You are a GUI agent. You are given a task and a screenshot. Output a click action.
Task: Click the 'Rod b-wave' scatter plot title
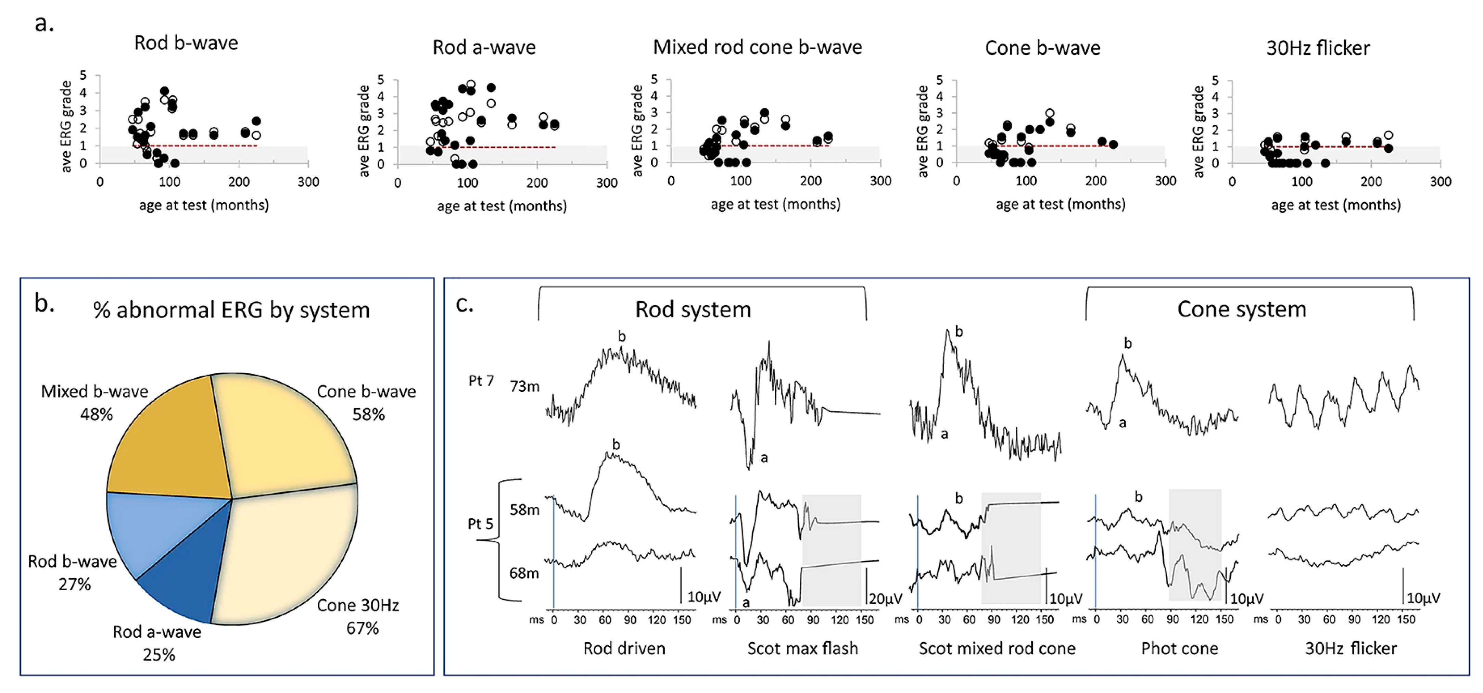pos(186,43)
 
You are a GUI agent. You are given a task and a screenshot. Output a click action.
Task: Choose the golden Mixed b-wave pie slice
pos(173,443)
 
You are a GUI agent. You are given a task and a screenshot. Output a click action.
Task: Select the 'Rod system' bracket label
pos(693,310)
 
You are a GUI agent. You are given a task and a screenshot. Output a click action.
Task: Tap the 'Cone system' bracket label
pos(1242,310)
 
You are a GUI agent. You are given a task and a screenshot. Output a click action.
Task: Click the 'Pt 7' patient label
pos(481,381)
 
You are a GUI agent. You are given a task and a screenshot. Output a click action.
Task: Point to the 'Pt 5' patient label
pos(480,524)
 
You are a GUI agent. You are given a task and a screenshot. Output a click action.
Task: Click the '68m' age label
pos(524,573)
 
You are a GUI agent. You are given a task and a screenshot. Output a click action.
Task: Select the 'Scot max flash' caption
pos(802,649)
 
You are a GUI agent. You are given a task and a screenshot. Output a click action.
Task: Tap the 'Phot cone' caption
pos(1180,649)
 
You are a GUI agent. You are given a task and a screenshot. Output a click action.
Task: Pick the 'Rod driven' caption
pos(624,649)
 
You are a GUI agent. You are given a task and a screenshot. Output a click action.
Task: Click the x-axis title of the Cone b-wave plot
pos(1061,204)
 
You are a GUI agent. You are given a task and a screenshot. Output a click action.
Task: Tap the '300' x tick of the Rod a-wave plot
pos(607,183)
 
